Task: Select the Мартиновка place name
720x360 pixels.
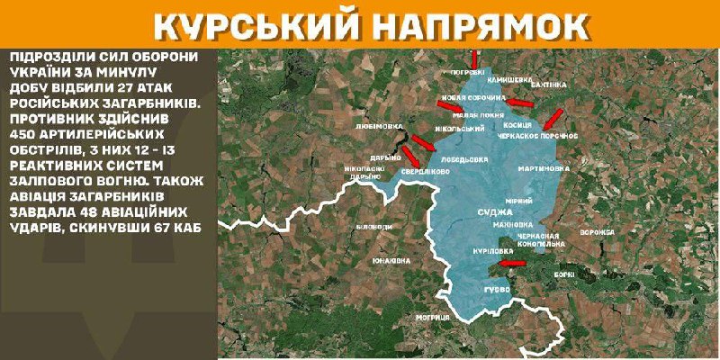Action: [x=544, y=168]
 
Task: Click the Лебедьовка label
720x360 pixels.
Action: [x=465, y=158]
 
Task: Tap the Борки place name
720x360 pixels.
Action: [x=565, y=272]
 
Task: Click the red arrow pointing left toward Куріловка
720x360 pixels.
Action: [x=513, y=263]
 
